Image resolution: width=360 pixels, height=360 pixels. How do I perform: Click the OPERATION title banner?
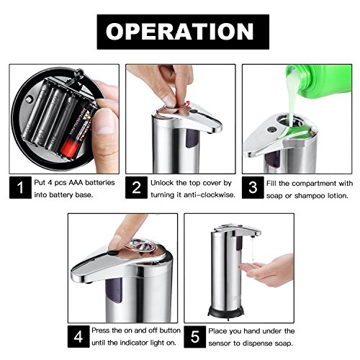(183, 32)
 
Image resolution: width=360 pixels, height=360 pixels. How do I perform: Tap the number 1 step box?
(20, 187)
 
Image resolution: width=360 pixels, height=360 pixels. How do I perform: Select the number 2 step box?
(136, 187)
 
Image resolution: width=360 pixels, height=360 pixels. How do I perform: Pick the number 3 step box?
(253, 187)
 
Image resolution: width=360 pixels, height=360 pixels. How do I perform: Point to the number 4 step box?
(78, 336)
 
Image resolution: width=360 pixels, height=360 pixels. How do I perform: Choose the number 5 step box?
(195, 336)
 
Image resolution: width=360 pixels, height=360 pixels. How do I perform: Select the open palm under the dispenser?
(267, 270)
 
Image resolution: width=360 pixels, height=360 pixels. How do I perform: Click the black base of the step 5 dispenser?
(225, 312)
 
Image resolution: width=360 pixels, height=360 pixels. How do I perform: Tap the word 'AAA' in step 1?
(76, 183)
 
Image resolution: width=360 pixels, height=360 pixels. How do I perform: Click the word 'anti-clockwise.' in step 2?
(210, 195)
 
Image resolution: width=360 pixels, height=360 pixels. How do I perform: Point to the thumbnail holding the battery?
(105, 125)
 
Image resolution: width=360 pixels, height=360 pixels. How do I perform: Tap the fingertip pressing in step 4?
(116, 243)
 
